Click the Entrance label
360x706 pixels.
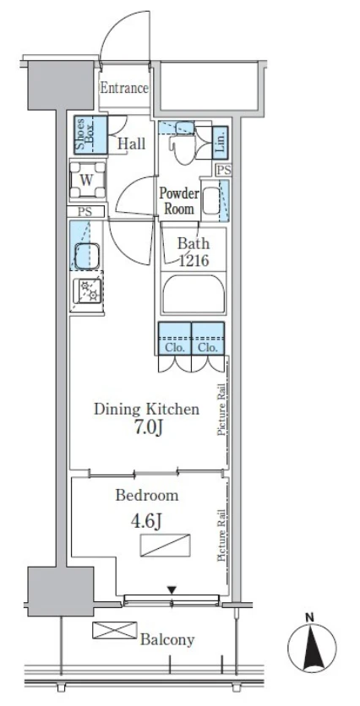click(x=124, y=88)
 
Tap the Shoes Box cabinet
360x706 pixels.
click(x=90, y=135)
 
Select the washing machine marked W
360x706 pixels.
click(x=87, y=180)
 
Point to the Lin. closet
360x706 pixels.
click(x=220, y=142)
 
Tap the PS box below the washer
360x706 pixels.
click(x=85, y=212)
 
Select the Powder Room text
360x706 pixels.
click(x=179, y=201)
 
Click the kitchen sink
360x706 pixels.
click(x=87, y=255)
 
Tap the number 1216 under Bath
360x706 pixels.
click(x=194, y=260)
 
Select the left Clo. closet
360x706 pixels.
click(x=175, y=339)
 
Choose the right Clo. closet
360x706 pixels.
click(x=208, y=339)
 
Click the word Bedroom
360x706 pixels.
click(x=147, y=496)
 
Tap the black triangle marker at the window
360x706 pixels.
click(x=172, y=589)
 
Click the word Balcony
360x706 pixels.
click(x=167, y=639)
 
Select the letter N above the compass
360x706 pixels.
click(x=309, y=619)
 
